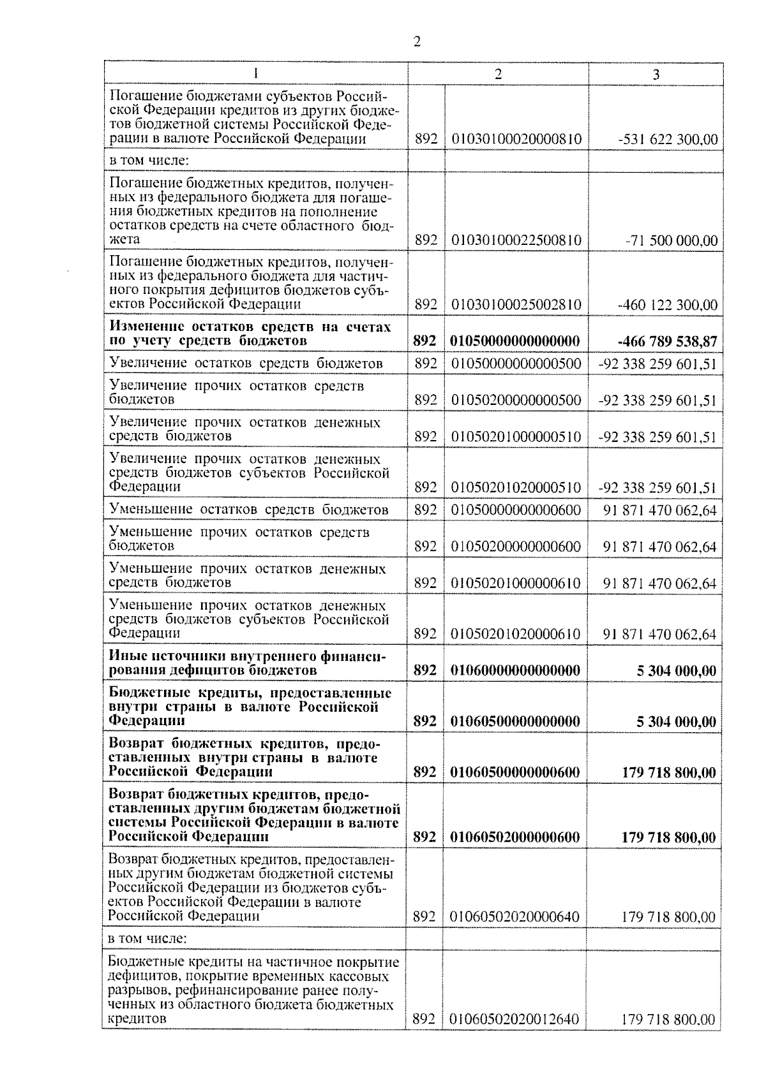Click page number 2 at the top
click(417, 41)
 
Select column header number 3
click(656, 74)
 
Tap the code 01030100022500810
click(516, 240)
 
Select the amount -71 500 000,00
click(672, 241)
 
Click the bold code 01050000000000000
click(516, 341)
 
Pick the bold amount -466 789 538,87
click(667, 342)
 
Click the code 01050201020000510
click(516, 488)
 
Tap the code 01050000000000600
click(516, 510)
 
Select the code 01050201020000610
click(516, 634)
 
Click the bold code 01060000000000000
click(516, 671)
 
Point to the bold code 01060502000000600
click(516, 837)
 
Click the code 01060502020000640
click(515, 917)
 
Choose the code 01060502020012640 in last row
click(515, 1020)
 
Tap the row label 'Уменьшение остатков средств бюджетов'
click(249, 510)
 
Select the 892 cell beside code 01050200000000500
click(426, 401)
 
